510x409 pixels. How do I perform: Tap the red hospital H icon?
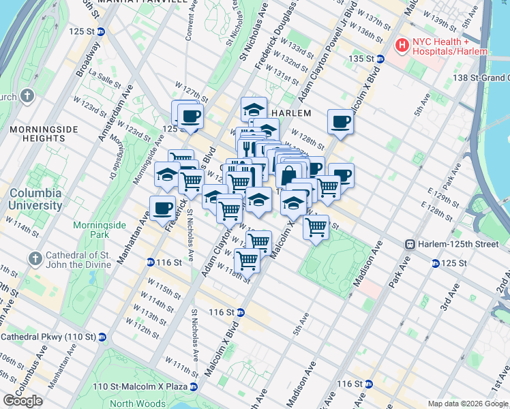click(402, 46)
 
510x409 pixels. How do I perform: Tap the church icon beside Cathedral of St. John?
click(35, 259)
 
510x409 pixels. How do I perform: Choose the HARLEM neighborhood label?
click(291, 113)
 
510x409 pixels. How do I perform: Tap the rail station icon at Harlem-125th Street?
click(410, 244)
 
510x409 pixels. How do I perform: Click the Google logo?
click(22, 401)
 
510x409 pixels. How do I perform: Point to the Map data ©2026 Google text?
click(467, 404)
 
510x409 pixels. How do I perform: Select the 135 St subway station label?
click(363, 59)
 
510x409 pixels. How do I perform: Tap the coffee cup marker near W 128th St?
click(340, 121)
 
